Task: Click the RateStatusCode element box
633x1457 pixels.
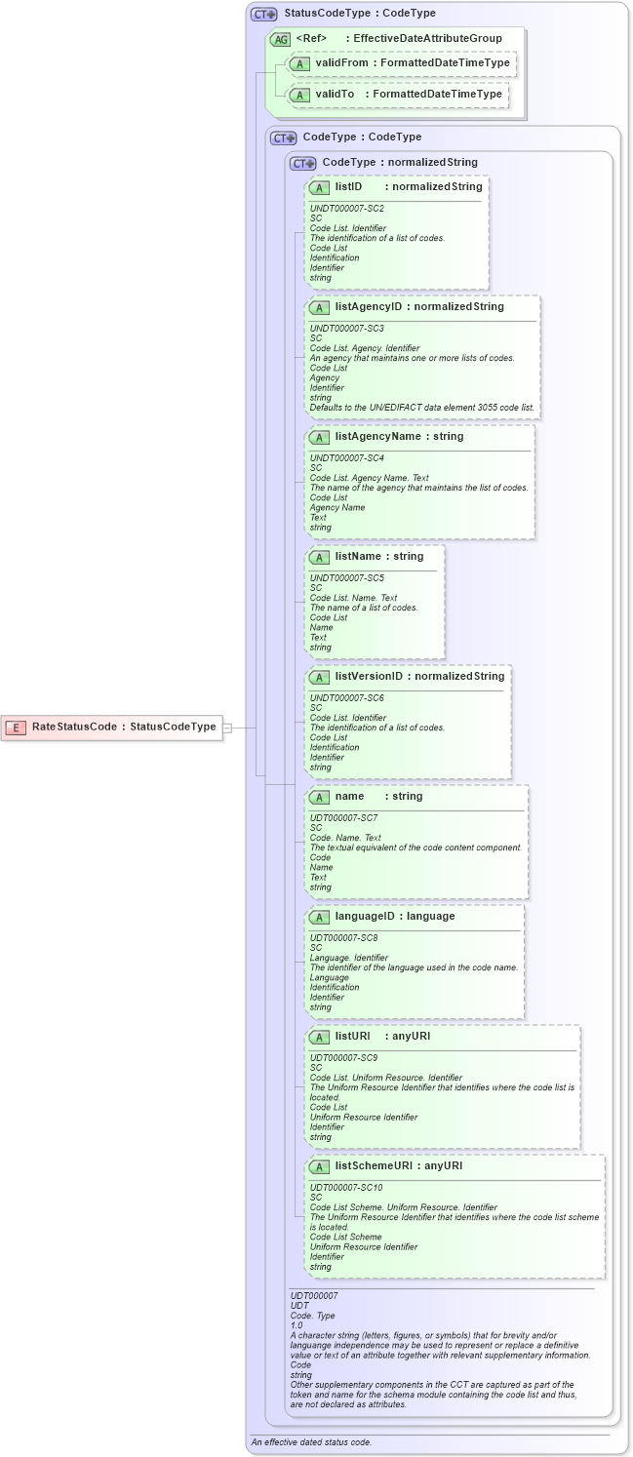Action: pyautogui.click(x=111, y=727)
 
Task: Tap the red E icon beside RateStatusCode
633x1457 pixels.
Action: pyautogui.click(x=17, y=727)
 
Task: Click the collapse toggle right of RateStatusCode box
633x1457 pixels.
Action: pyautogui.click(x=227, y=727)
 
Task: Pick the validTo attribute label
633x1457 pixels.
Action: pyautogui.click(x=334, y=95)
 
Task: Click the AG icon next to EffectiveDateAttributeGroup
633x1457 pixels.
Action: pyautogui.click(x=280, y=38)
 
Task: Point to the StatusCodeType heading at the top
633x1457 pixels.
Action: pyautogui.click(x=359, y=14)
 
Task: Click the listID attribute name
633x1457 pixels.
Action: pyautogui.click(x=349, y=186)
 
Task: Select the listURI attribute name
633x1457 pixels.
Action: pyautogui.click(x=352, y=1036)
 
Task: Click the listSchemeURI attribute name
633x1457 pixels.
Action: pyautogui.click(x=375, y=1165)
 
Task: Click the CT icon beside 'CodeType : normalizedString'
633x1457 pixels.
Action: pyautogui.click(x=304, y=163)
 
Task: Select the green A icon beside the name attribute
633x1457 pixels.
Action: pyautogui.click(x=319, y=797)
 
